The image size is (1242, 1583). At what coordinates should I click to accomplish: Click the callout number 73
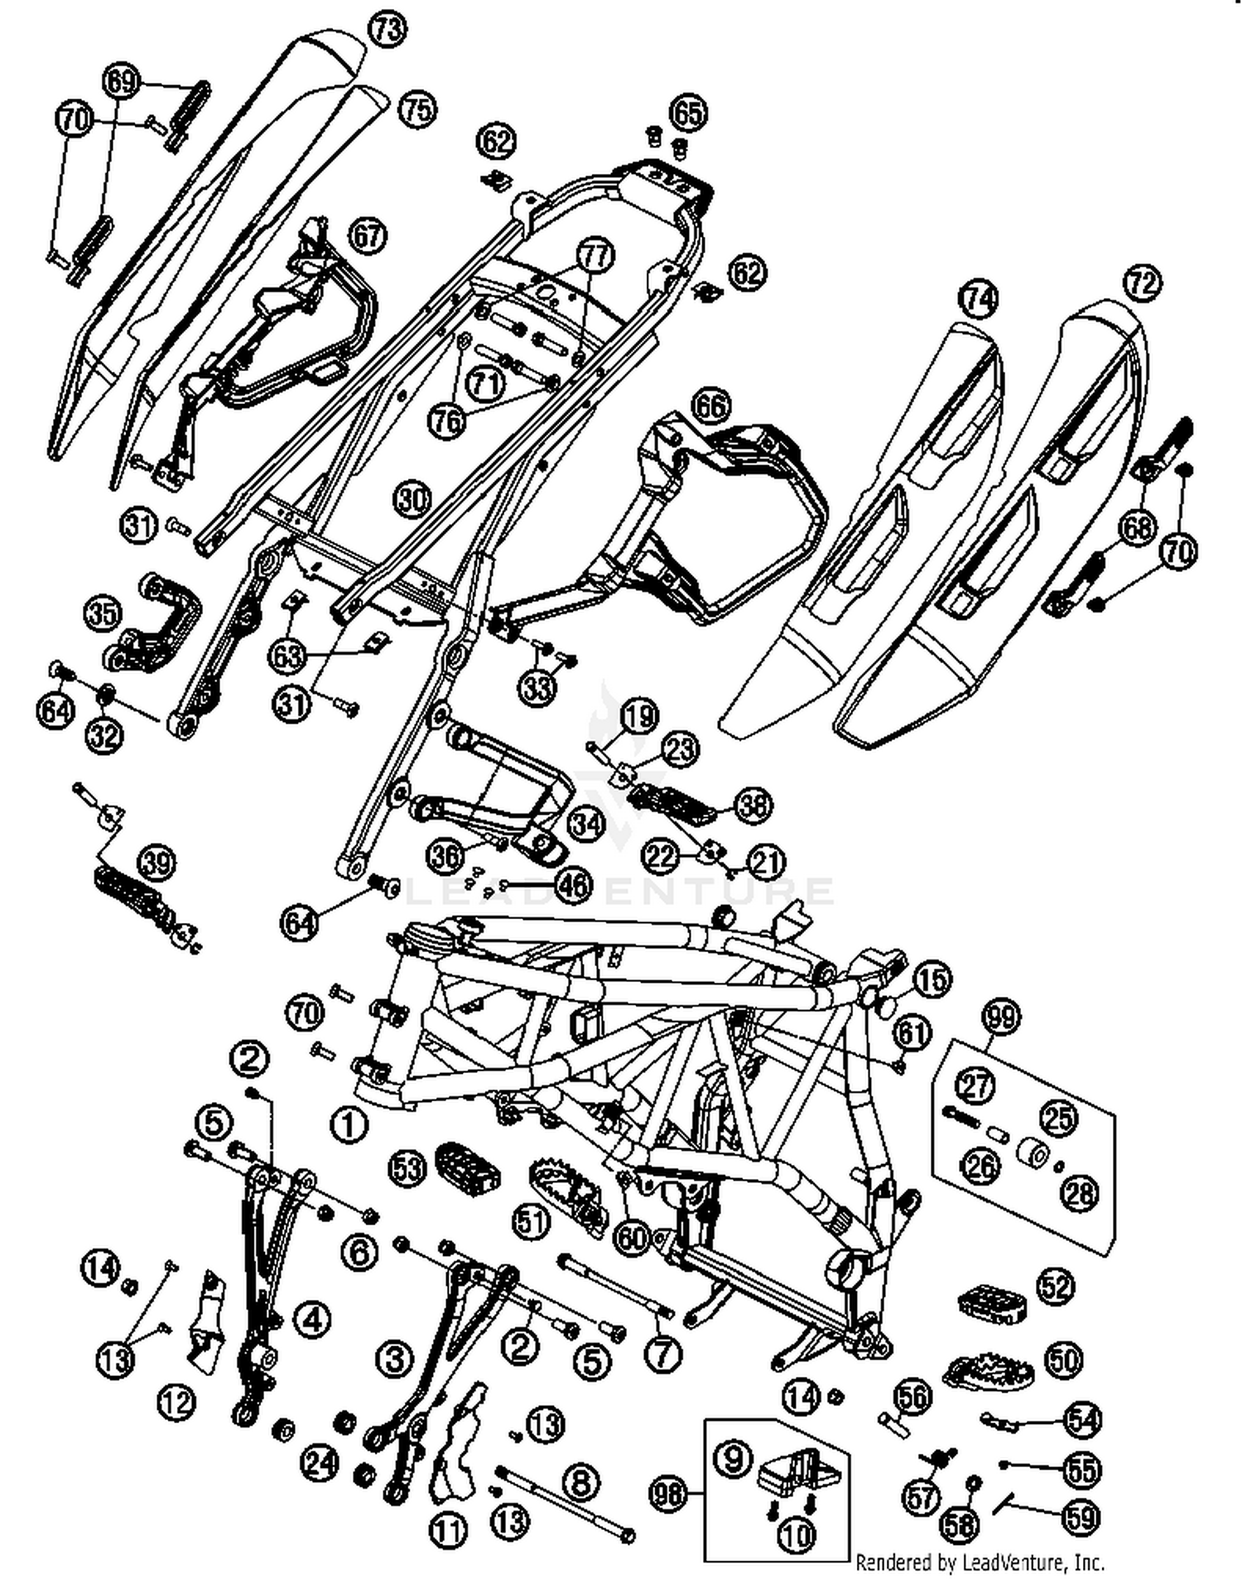pos(387,30)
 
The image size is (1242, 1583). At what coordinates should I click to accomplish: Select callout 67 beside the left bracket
pos(368,236)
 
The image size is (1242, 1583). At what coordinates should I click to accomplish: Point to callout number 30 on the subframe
pos(412,500)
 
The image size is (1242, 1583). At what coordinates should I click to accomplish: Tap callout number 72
pos(1141,284)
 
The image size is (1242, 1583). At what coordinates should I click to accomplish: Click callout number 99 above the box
pos(1001,1016)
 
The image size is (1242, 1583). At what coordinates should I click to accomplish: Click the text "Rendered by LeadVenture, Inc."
pos(980,1561)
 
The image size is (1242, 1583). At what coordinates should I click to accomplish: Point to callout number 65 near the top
pos(687,113)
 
